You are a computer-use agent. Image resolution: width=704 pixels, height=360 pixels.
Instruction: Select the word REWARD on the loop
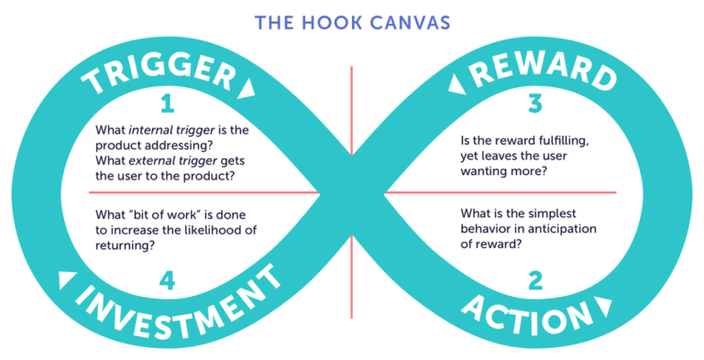coord(544,72)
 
